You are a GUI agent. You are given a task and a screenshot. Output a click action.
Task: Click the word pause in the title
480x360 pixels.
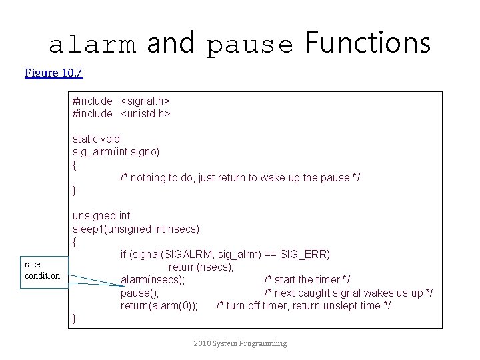(250, 45)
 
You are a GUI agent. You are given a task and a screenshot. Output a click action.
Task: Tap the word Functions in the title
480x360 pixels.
(368, 43)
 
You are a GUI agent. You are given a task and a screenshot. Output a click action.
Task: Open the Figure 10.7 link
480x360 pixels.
(53, 73)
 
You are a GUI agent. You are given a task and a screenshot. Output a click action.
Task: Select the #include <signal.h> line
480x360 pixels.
(121, 101)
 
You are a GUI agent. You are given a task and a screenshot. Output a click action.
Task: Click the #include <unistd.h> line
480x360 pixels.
(121, 113)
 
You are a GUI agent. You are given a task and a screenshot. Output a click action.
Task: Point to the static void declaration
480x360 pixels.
(96, 139)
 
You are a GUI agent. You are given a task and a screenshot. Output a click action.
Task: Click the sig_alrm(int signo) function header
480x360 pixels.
(116, 151)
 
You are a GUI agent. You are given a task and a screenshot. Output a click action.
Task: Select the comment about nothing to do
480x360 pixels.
(240, 177)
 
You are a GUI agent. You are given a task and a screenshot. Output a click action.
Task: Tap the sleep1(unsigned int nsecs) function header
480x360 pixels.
(136, 229)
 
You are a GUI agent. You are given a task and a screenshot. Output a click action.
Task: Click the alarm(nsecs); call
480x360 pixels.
(153, 279)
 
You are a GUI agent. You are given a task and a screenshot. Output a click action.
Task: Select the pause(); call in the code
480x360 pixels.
(139, 293)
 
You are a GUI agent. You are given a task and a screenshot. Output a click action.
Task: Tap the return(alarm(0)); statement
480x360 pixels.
(159, 305)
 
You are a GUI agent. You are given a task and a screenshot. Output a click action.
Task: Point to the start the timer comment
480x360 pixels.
(307, 279)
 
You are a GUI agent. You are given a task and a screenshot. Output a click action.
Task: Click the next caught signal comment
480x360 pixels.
(349, 293)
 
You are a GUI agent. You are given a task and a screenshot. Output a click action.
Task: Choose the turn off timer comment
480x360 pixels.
(303, 305)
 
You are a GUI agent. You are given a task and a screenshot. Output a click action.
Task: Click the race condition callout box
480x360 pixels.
(43, 270)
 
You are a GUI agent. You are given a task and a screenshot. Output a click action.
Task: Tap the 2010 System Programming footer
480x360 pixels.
(240, 343)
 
